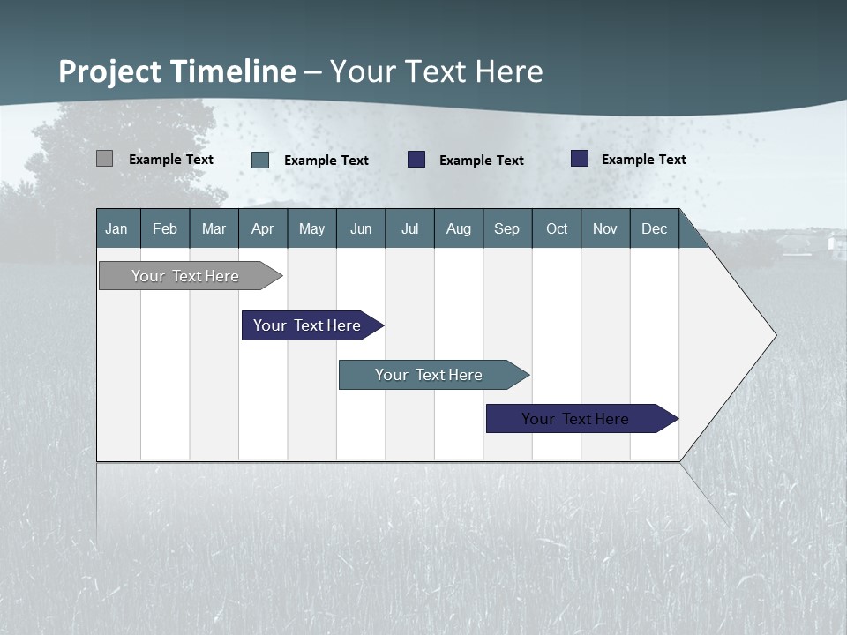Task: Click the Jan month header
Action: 116,228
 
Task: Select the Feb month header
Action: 165,228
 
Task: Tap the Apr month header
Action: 263,228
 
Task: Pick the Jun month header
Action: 361,228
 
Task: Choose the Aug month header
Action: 459,228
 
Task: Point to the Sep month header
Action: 507,228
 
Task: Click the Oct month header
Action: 557,228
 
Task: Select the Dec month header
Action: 655,228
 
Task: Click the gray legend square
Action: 105,159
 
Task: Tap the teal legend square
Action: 260,160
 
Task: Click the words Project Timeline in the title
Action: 176,71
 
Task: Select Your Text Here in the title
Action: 437,71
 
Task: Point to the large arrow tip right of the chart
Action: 750,335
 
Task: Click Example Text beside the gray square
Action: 171,160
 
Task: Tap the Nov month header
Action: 605,228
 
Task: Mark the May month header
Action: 311,228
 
